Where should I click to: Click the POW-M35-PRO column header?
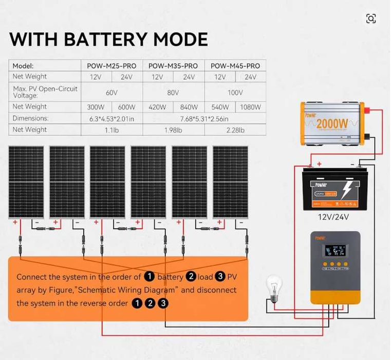point(173,66)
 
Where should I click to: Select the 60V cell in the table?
point(111,93)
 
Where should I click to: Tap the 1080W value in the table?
point(250,107)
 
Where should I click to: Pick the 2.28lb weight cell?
point(235,130)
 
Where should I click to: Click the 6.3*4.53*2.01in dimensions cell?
point(111,119)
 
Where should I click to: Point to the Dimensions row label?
point(30,118)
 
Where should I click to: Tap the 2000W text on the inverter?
point(332,124)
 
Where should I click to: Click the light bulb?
point(273,288)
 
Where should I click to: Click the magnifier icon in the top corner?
point(371,19)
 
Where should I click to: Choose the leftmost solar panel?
point(26,182)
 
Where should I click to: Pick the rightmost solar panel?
point(230,182)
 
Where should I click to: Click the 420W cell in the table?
point(157,107)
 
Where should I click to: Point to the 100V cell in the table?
point(235,93)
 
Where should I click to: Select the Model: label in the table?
point(23,66)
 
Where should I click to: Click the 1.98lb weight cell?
point(173,130)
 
